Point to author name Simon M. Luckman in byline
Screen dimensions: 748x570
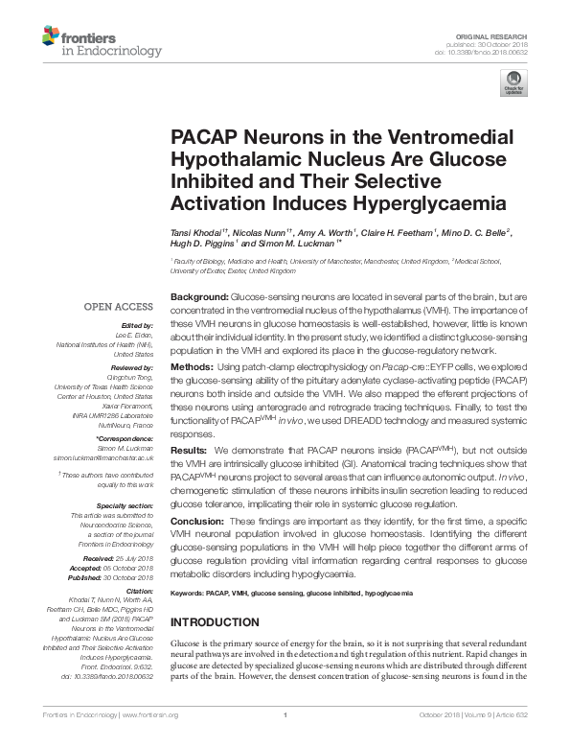coord(306,245)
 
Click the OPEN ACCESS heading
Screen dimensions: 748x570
coord(118,307)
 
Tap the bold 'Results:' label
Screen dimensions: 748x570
coord(190,449)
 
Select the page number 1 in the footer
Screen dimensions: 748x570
coord(285,741)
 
